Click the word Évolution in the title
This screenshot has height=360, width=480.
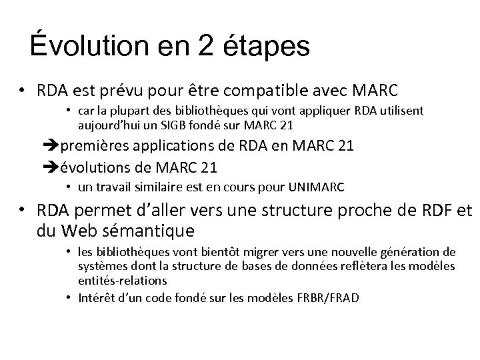click(x=81, y=46)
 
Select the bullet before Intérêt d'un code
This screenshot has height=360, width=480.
click(x=70, y=297)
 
